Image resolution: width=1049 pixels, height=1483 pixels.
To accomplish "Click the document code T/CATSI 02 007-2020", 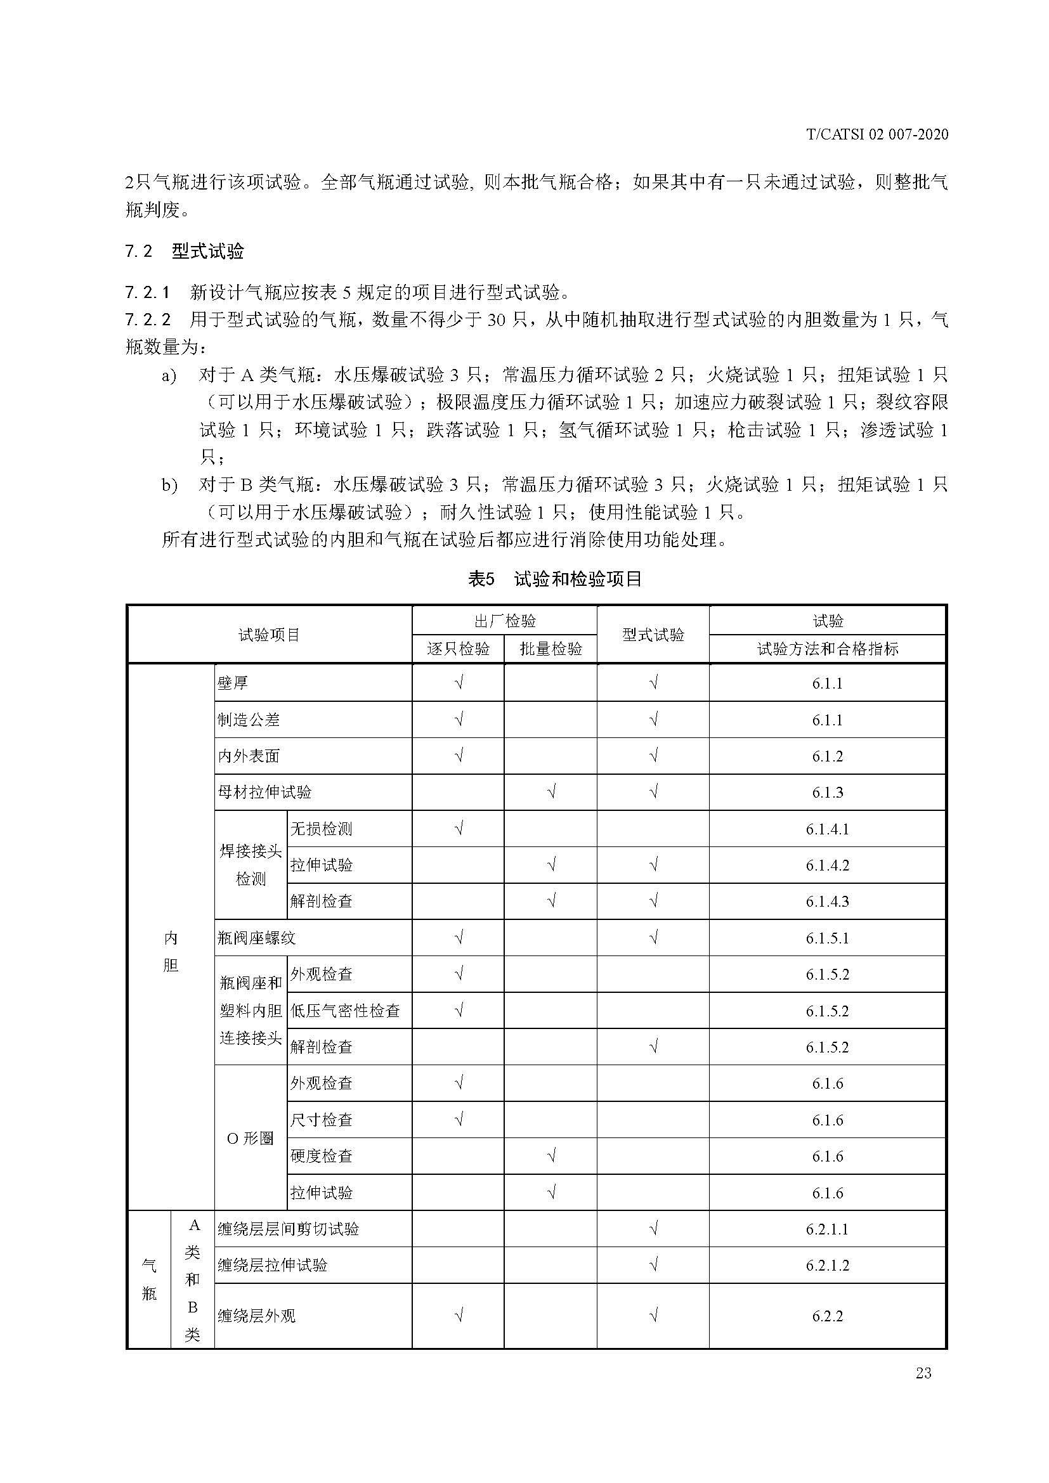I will [x=877, y=134].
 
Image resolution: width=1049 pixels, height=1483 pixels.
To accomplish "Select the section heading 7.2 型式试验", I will [x=184, y=251].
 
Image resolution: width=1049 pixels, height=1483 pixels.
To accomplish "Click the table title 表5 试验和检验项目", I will [x=554, y=579].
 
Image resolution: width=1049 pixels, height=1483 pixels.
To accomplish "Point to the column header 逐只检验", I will [x=458, y=649].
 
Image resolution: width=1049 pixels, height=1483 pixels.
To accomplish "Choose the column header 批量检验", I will [x=551, y=649].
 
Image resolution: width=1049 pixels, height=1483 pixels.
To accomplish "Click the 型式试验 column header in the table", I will [x=653, y=635].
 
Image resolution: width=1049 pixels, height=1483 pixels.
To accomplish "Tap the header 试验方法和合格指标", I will [x=828, y=649].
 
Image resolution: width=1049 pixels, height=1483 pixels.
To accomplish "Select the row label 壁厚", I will [x=233, y=683].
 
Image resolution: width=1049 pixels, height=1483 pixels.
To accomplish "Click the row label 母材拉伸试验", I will [x=265, y=792].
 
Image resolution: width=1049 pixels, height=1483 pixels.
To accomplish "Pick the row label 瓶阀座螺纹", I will [x=256, y=937].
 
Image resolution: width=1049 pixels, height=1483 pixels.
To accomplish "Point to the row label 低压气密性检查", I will [x=345, y=1010].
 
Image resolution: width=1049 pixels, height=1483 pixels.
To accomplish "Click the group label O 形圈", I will [x=250, y=1138].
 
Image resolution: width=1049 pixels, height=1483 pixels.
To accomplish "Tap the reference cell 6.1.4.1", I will [x=828, y=829].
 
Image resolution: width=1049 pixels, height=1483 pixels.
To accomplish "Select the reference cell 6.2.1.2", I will [x=828, y=1266].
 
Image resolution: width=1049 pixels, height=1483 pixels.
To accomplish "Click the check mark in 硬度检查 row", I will [x=551, y=1156].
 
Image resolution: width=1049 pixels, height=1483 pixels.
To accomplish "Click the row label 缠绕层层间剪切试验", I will [x=288, y=1229].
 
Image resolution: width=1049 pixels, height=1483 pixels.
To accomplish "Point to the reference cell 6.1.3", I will [x=828, y=793].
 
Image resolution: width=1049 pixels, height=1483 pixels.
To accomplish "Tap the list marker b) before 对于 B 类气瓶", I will [x=169, y=485].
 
